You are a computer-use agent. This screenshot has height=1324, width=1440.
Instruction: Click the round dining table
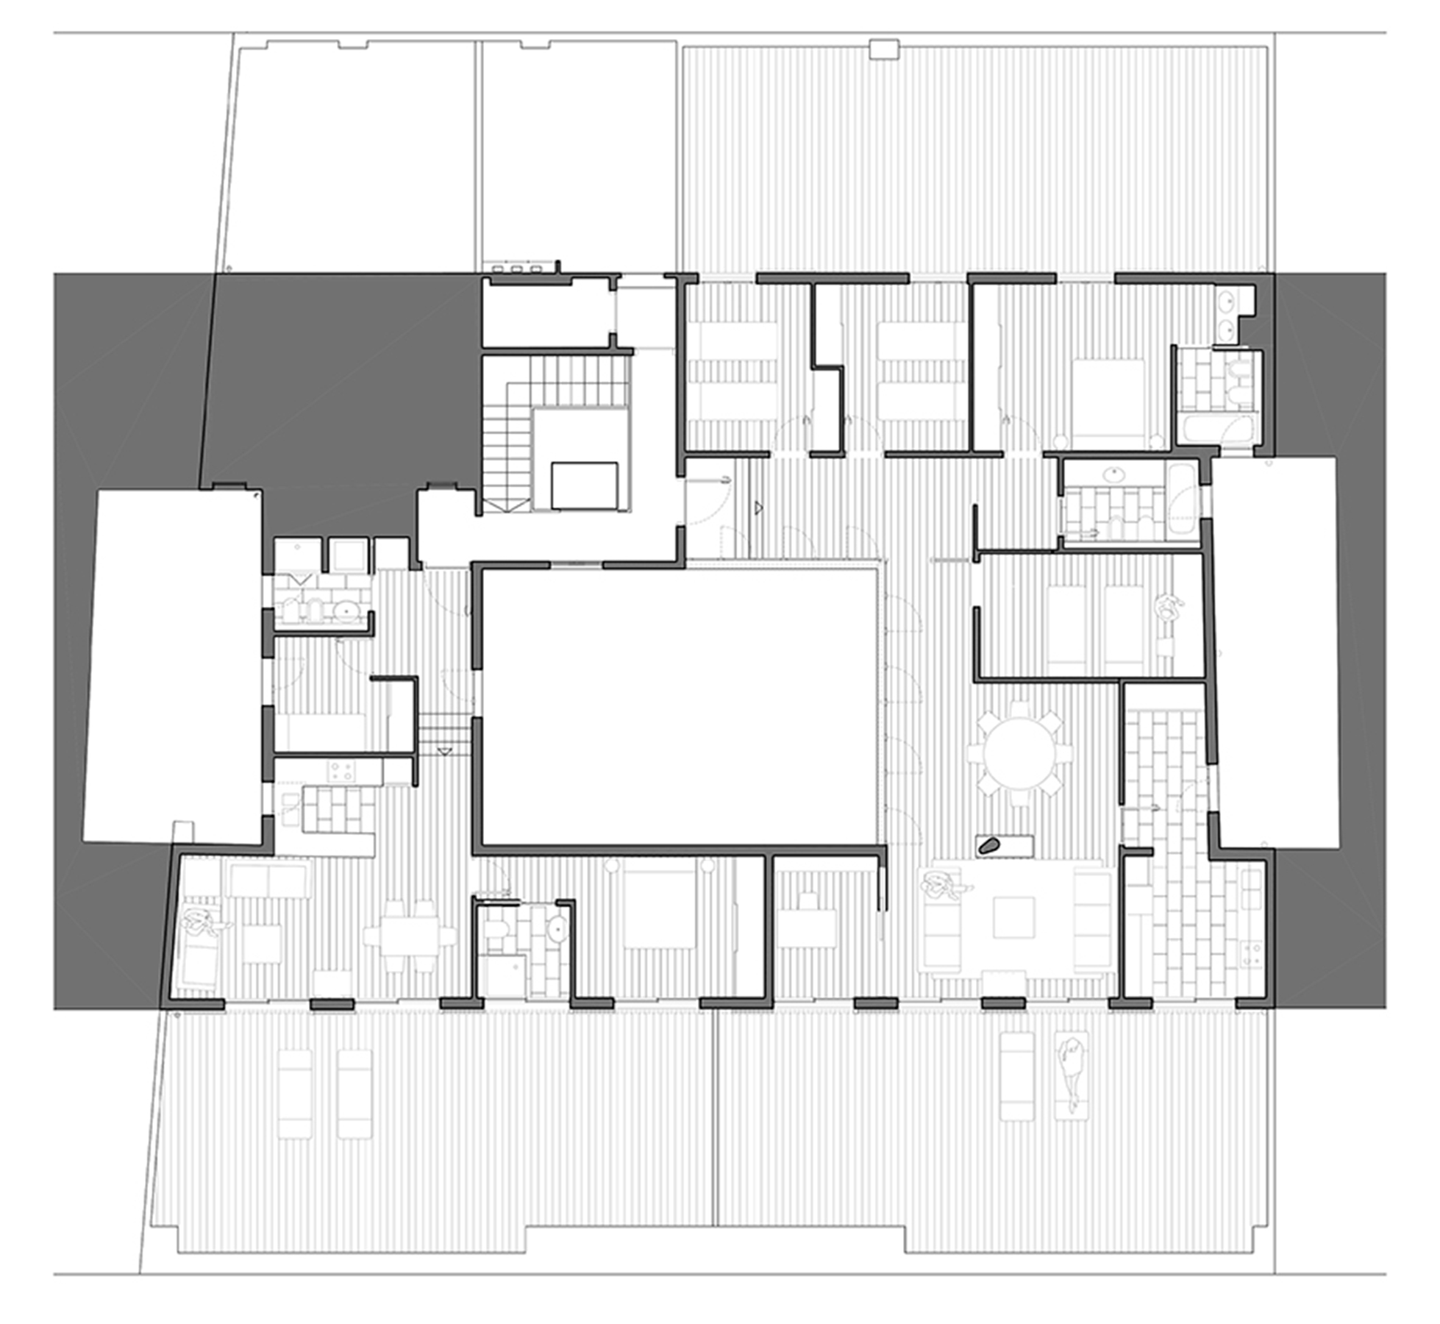1019,752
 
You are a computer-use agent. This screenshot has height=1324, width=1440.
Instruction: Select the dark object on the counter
989,846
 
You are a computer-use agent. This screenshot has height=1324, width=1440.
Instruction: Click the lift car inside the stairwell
584,485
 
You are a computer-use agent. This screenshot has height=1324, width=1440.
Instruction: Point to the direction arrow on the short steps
443,750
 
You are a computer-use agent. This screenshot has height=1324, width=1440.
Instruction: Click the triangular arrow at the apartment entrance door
758,507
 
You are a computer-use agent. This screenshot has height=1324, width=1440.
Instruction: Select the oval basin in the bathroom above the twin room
1116,474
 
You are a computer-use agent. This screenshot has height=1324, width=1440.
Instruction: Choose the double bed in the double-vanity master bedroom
1108,397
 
